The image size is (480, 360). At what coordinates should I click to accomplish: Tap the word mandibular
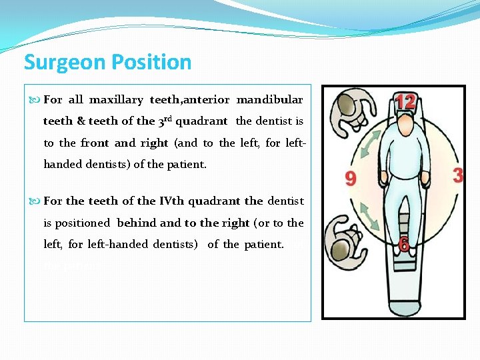click(x=269, y=100)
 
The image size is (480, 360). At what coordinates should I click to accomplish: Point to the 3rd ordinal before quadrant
click(x=165, y=121)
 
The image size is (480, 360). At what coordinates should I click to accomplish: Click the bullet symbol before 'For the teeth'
click(x=35, y=201)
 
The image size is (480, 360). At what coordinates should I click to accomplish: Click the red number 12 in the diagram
click(x=405, y=102)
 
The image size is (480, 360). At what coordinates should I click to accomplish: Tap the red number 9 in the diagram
click(x=350, y=178)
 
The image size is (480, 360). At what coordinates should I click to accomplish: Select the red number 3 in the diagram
click(x=457, y=175)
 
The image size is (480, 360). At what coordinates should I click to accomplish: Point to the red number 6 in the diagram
click(x=403, y=245)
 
